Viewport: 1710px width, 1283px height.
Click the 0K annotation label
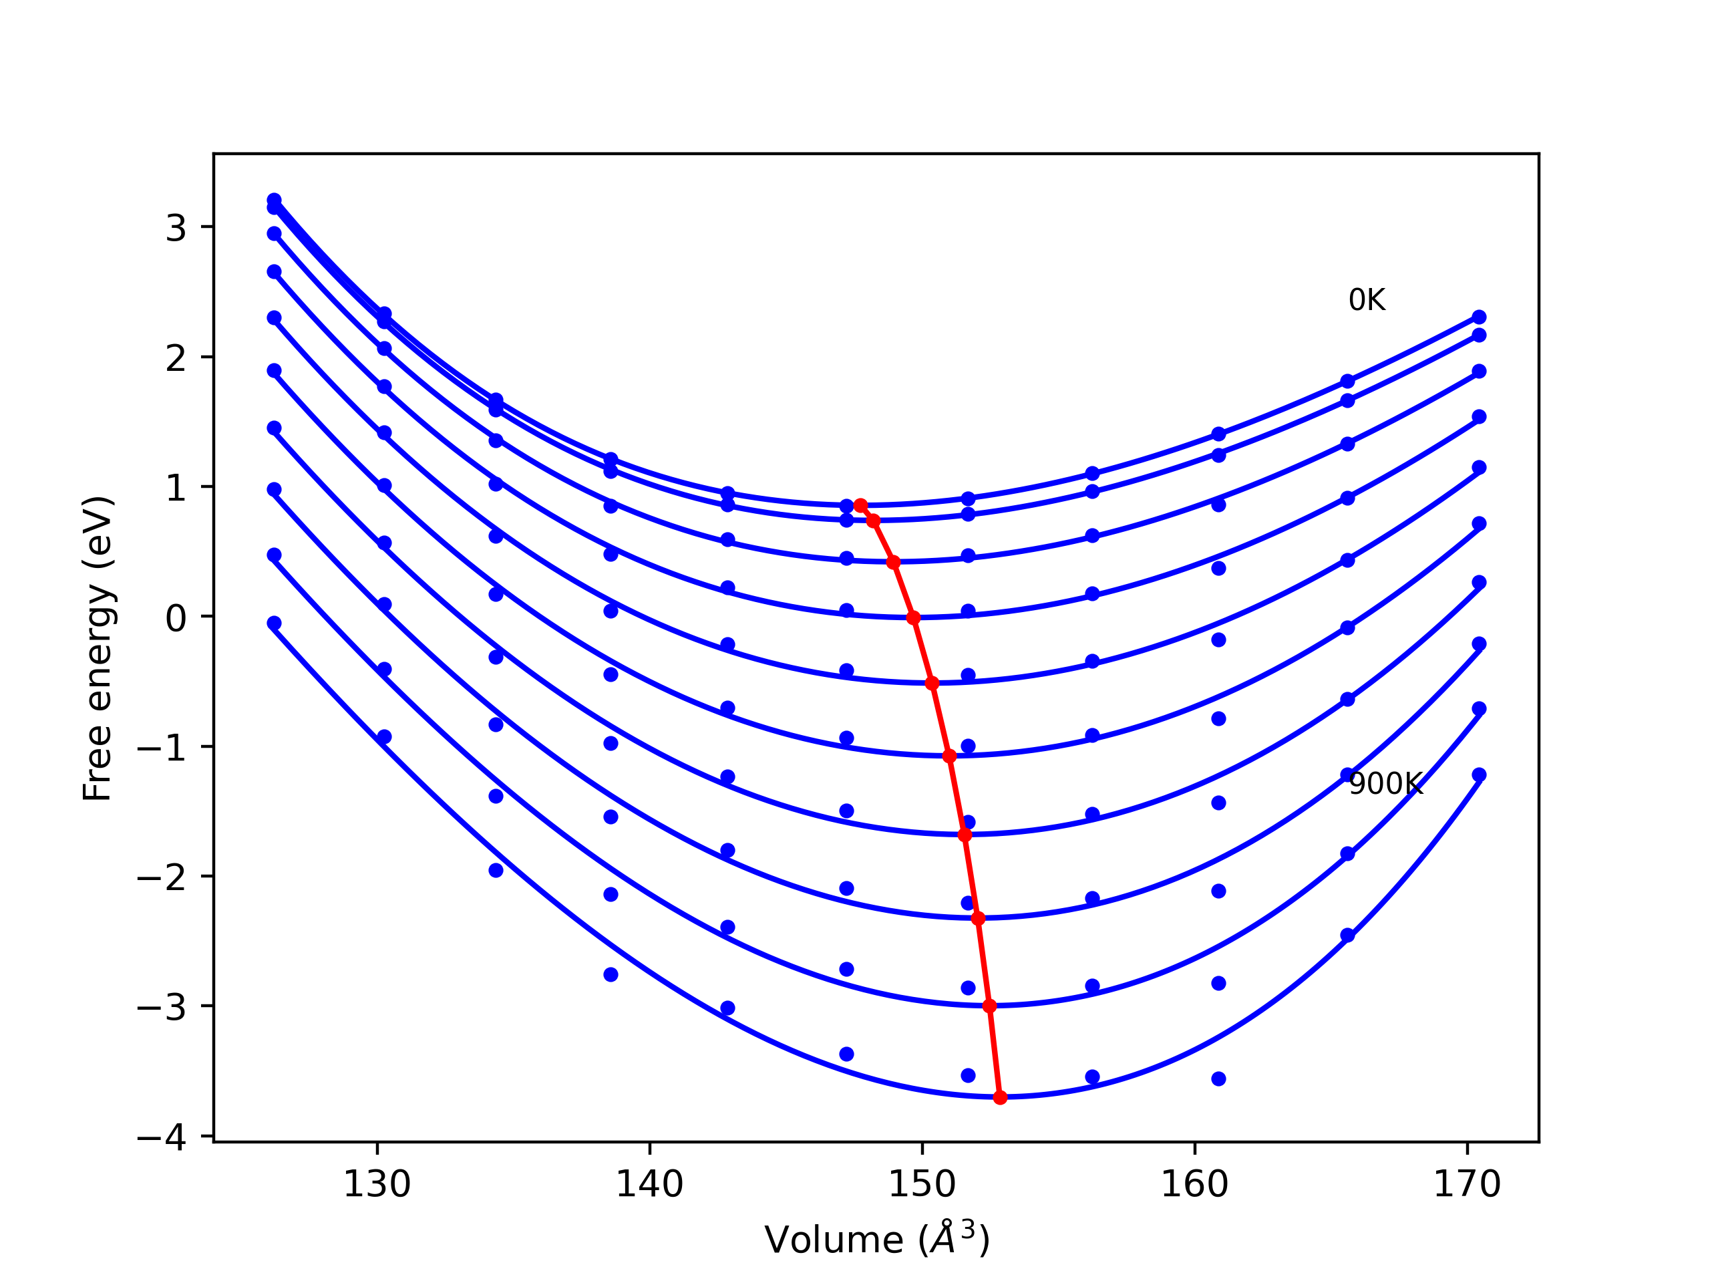click(x=1367, y=300)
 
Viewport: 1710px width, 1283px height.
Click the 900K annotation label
click(x=1385, y=785)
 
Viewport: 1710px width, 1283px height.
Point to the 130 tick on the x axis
click(x=377, y=1185)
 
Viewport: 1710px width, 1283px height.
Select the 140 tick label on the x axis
click(x=649, y=1185)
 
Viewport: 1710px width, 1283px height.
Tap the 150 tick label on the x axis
click(x=922, y=1185)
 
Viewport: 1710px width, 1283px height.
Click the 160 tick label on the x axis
click(x=1194, y=1185)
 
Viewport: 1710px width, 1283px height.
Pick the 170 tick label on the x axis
click(x=1468, y=1185)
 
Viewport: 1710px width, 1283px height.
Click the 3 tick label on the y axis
click(x=176, y=228)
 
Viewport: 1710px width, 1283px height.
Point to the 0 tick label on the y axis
click(x=176, y=619)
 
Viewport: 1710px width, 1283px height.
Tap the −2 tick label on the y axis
click(x=162, y=879)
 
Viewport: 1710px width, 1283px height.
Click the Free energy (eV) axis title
click(x=98, y=648)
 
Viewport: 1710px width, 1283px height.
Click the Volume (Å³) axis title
click(x=876, y=1240)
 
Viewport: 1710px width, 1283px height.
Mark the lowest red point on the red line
click(x=1001, y=1097)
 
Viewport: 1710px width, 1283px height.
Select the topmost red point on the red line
click(x=860, y=505)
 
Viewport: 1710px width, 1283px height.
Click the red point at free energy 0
click(x=913, y=618)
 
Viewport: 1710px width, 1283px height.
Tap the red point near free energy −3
click(x=989, y=1006)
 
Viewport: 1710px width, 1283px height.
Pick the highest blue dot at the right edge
click(x=1479, y=317)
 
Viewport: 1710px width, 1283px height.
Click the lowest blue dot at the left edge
click(x=274, y=623)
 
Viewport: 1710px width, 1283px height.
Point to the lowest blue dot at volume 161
click(x=1218, y=1079)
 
